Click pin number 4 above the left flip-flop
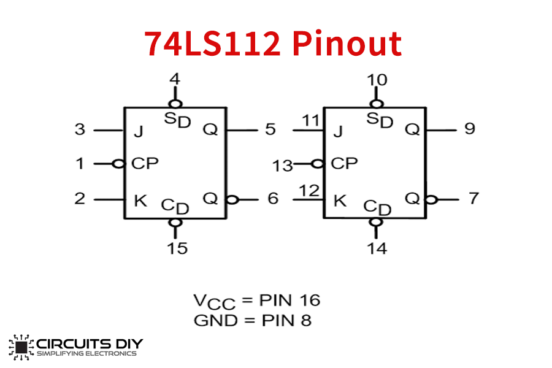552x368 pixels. [175, 79]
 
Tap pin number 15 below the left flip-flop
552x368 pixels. [177, 248]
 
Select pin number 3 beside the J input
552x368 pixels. [80, 130]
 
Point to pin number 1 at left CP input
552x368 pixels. [80, 164]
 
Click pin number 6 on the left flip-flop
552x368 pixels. [273, 199]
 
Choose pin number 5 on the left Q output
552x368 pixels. [270, 129]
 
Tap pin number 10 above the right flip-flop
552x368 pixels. [377, 79]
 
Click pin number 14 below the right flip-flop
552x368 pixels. [377, 248]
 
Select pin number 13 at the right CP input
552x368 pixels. [283, 166]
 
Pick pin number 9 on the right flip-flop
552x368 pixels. [470, 129]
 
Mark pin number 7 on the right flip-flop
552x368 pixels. [473, 199]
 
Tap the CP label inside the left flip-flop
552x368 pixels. [145, 164]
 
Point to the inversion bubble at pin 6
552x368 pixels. [231, 199]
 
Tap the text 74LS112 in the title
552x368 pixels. [213, 44]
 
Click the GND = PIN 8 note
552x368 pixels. [252, 320]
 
